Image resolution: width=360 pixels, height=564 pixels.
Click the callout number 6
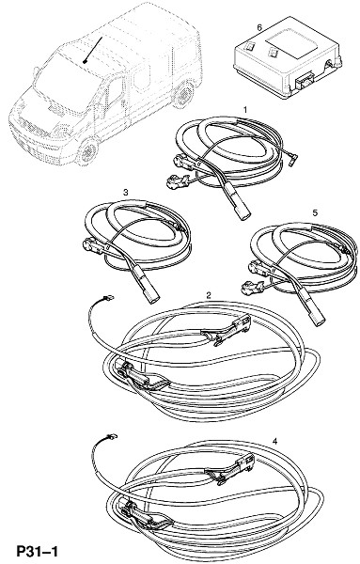[259, 27]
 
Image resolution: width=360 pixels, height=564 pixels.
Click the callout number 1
[245, 109]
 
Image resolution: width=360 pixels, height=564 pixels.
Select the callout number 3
[125, 193]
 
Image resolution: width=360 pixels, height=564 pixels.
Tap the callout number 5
[315, 213]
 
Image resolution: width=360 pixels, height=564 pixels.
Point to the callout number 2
[209, 295]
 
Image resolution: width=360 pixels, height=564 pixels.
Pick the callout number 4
[274, 442]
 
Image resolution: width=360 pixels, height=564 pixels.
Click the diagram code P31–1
[37, 552]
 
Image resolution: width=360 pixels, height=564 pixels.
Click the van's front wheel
[86, 152]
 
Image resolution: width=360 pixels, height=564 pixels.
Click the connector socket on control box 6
[305, 81]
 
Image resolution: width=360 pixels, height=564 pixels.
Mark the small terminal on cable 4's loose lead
[112, 437]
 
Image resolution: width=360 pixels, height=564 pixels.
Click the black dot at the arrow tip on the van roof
[85, 62]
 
